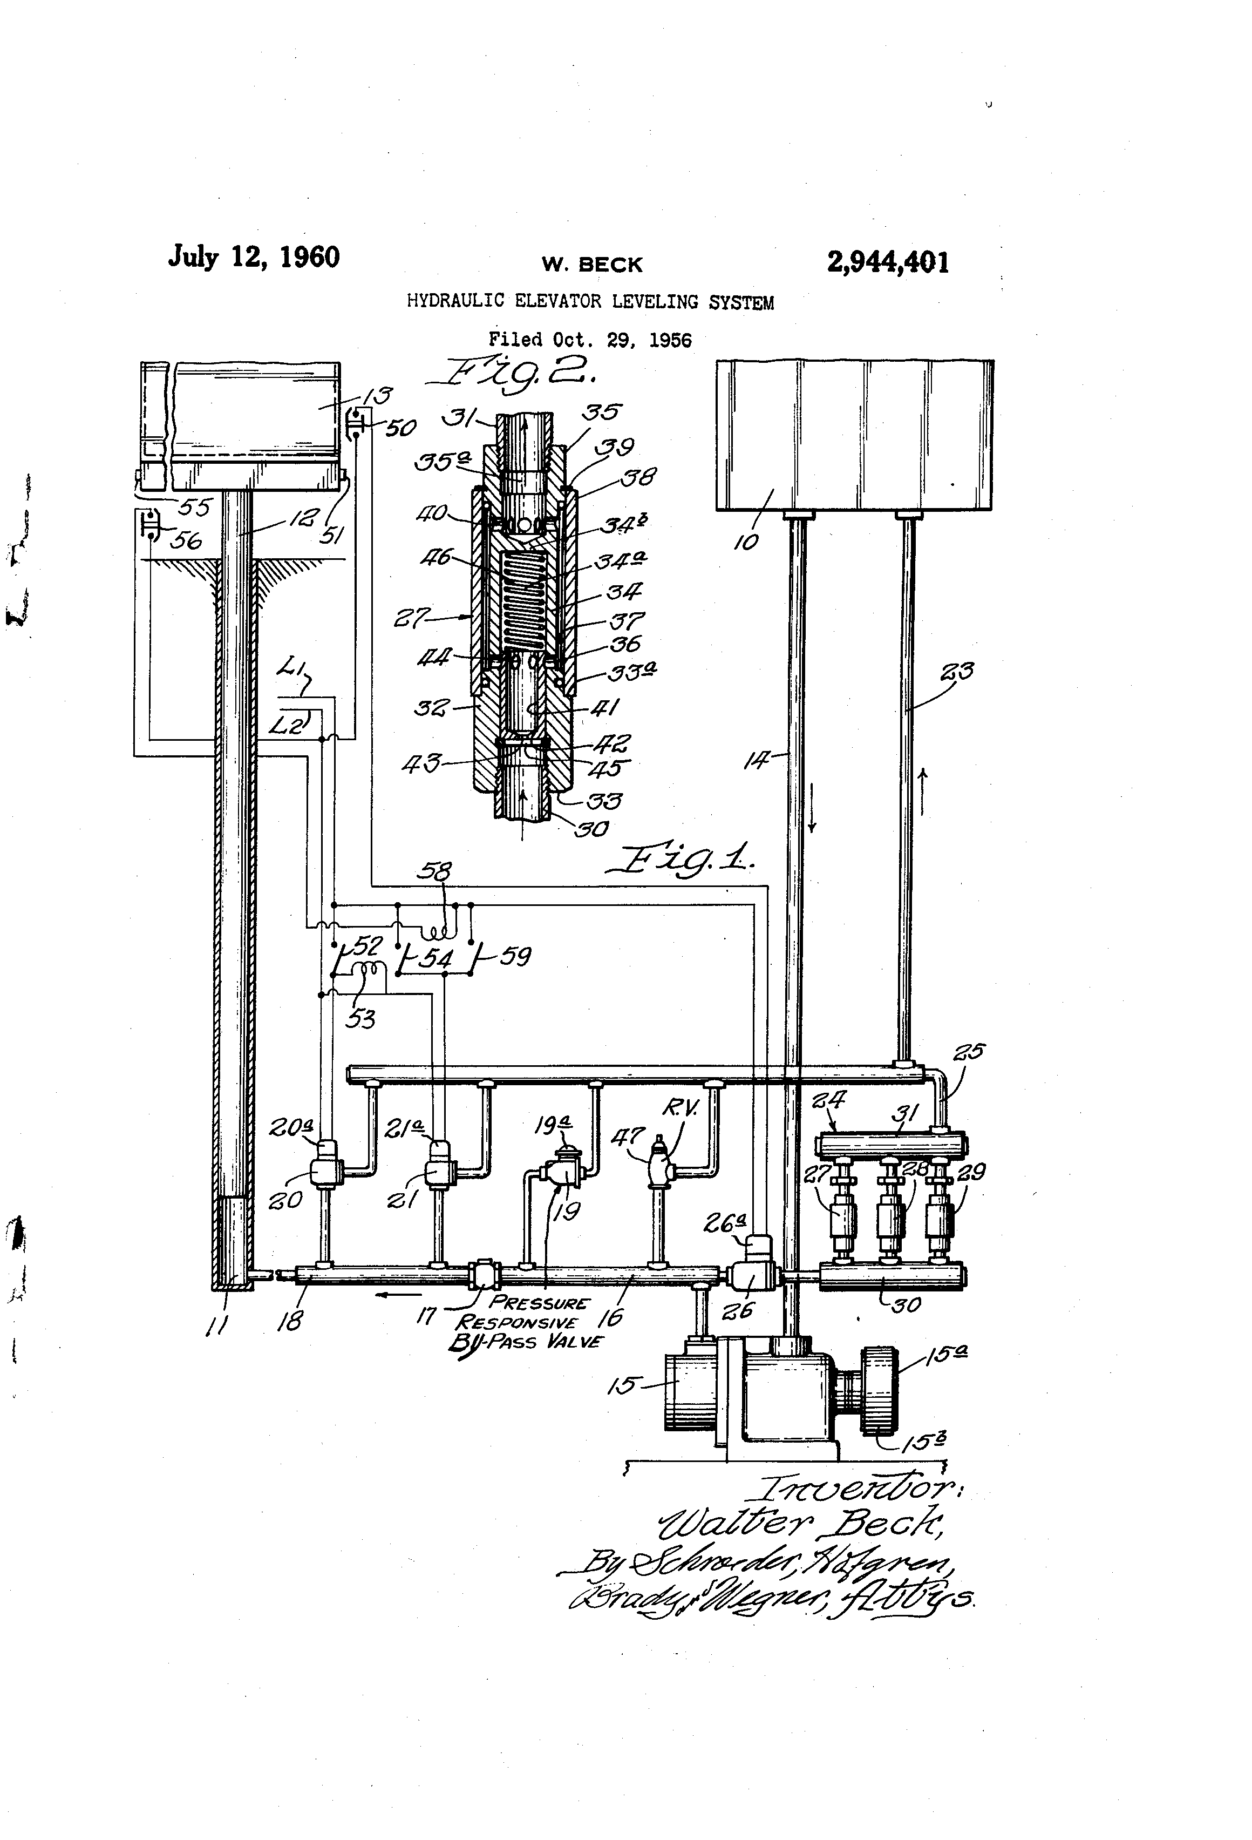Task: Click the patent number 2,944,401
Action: point(887,262)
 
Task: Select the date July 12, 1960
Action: point(253,258)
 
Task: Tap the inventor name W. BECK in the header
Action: point(592,265)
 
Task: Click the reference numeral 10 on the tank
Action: point(747,541)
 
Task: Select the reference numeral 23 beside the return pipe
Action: point(956,672)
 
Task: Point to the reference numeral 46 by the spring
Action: point(436,557)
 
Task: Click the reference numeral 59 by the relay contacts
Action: point(515,956)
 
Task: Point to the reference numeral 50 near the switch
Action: point(400,428)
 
